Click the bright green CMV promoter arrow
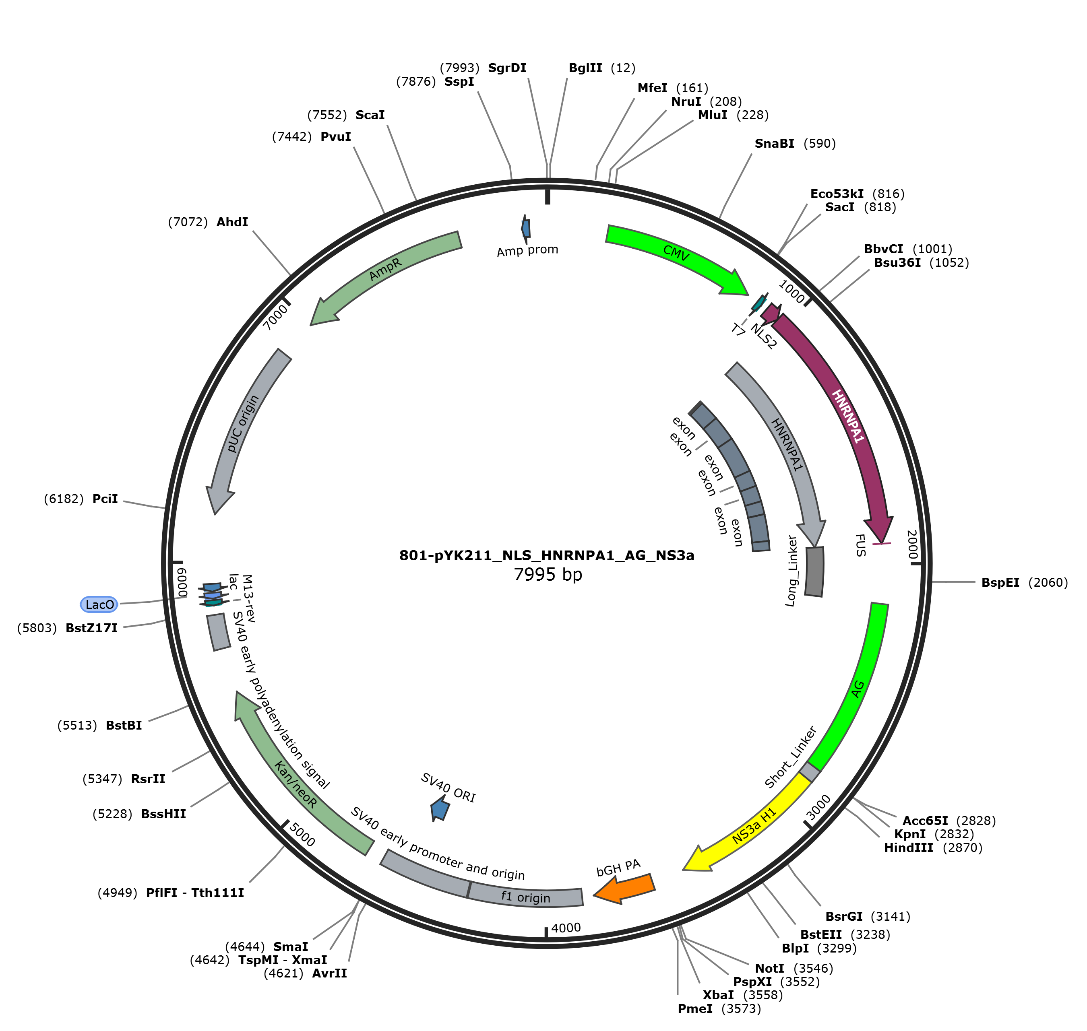(679, 254)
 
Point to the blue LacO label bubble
(99, 604)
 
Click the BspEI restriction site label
(1000, 583)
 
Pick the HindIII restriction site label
(908, 848)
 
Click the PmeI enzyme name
(695, 1009)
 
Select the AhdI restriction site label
(232, 222)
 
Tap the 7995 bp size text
(548, 575)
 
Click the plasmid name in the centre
(547, 556)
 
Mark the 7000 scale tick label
(275, 317)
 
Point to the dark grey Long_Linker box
(814, 571)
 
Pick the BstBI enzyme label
(124, 726)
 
